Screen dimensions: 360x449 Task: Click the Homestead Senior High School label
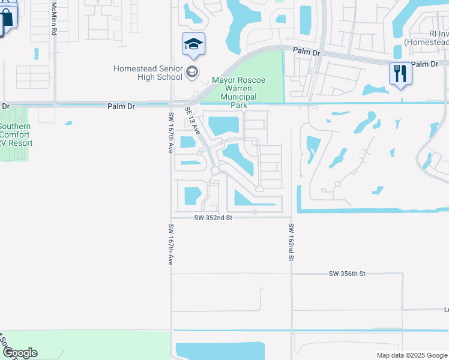point(148,73)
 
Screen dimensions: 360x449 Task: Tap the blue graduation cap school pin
point(193,44)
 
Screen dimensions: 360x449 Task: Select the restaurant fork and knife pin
point(400,73)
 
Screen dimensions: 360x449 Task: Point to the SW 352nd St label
point(214,218)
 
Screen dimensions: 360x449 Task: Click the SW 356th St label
point(347,274)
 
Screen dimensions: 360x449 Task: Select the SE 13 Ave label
point(192,121)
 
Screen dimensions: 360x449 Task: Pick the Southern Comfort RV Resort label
point(16,134)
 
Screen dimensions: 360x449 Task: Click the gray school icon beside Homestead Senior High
point(192,73)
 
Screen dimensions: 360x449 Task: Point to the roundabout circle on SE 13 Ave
point(215,171)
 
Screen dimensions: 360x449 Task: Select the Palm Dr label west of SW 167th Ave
point(121,106)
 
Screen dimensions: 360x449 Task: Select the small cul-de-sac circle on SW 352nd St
point(255,212)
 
